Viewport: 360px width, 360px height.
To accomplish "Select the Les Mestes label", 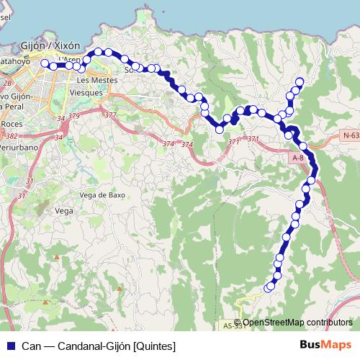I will (x=92, y=81).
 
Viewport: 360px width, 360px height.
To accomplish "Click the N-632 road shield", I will (x=351, y=135).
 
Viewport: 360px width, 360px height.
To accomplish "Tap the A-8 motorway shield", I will (x=299, y=157).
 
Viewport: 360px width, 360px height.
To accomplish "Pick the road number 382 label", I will (x=11, y=135).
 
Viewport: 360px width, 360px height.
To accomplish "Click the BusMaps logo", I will (x=320, y=345).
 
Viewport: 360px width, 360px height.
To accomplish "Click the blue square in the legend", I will (x=10, y=346).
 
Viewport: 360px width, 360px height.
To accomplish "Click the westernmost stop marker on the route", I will (x=45, y=64).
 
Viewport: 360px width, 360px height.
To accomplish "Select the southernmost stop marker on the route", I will (x=268, y=289).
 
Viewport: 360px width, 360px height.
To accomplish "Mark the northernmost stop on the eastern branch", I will (x=300, y=81).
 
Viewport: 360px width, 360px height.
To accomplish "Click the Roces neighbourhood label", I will (x=12, y=124).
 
